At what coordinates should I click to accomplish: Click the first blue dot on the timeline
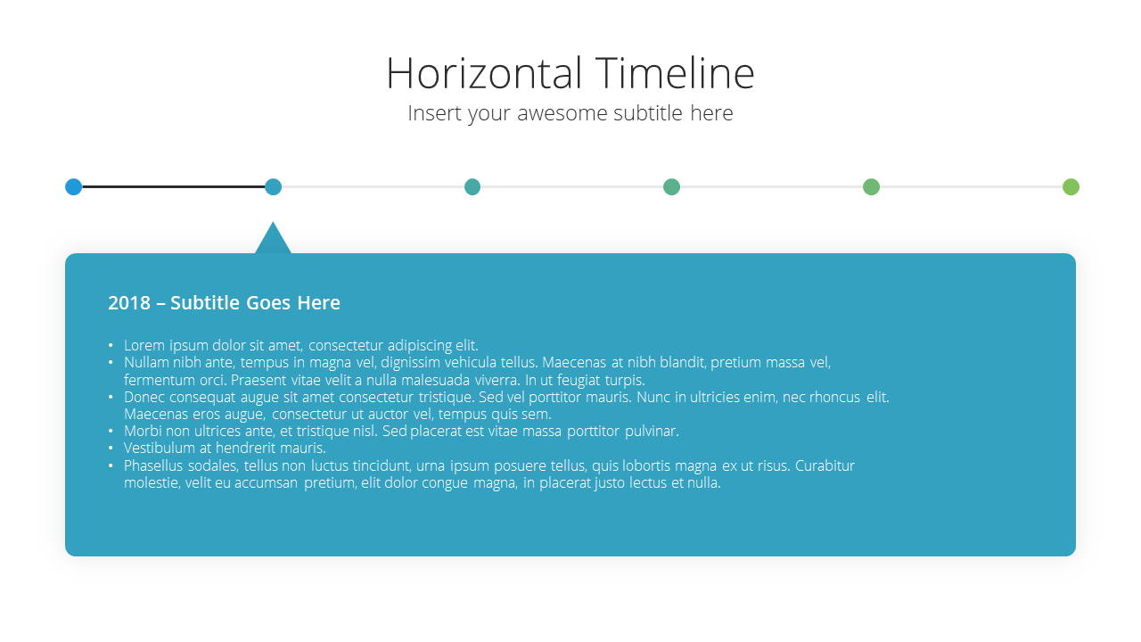(x=74, y=187)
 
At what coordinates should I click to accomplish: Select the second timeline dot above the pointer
(x=273, y=187)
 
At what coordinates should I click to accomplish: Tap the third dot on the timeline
(x=472, y=187)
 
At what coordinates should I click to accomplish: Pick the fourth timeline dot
(x=672, y=187)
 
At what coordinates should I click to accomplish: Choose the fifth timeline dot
(x=872, y=187)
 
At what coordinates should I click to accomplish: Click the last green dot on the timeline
(x=1071, y=187)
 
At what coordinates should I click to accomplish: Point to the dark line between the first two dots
(x=174, y=187)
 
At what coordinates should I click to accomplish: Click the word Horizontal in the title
(x=484, y=73)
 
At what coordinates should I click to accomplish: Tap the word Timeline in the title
(x=675, y=73)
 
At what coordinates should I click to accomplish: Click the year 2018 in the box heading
(x=129, y=302)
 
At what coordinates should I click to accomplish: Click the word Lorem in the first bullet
(x=144, y=345)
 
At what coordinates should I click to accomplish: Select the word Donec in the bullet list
(x=144, y=397)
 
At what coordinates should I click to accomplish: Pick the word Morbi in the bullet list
(x=143, y=431)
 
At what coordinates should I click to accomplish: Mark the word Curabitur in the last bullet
(x=825, y=465)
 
